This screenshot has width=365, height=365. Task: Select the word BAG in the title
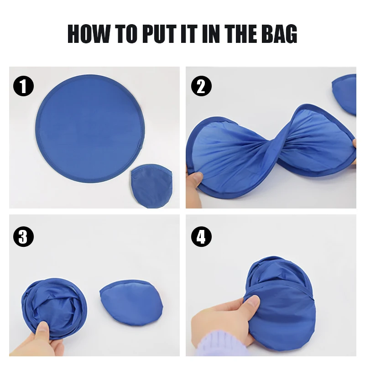point(278,34)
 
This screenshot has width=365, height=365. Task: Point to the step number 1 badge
point(23,86)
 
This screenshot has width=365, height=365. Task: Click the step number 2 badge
point(201,86)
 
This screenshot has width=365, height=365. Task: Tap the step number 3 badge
point(23,237)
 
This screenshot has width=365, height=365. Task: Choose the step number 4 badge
point(201,237)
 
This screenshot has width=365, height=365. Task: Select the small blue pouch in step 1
point(151,186)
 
